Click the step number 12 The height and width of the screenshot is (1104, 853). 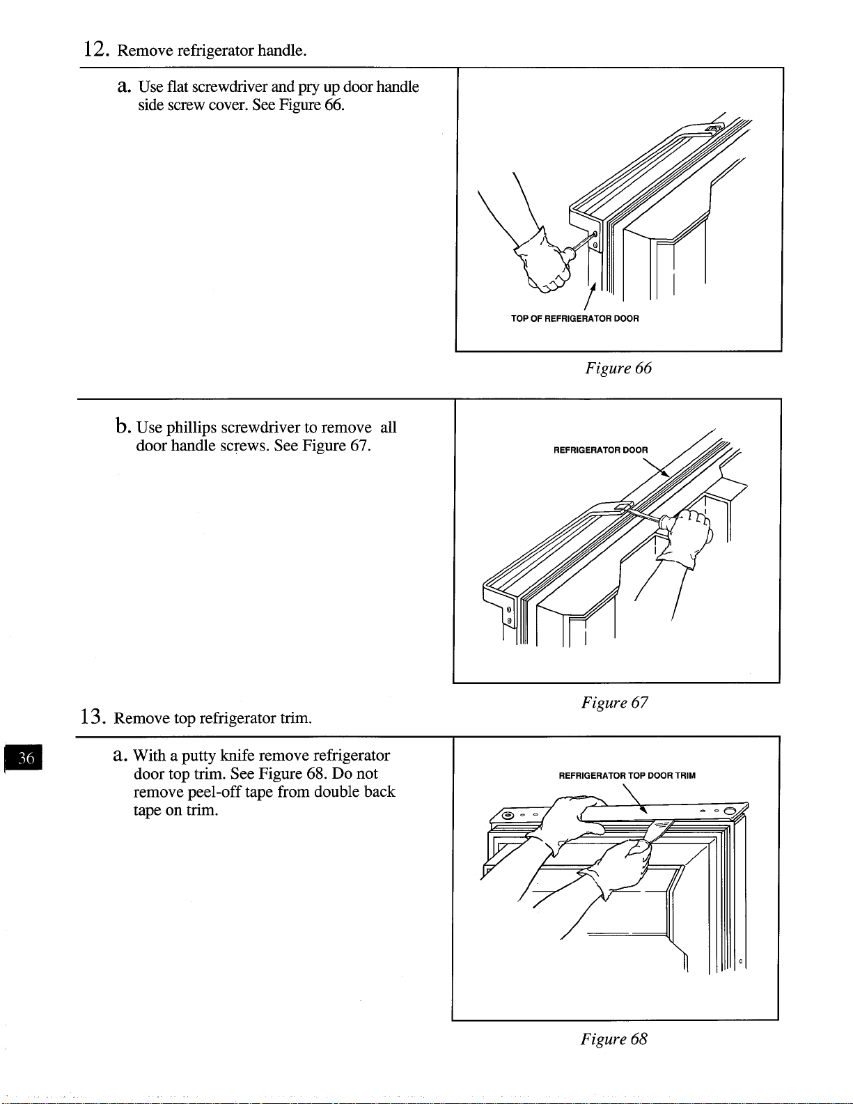[x=96, y=49]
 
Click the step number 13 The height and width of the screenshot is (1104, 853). [x=93, y=717]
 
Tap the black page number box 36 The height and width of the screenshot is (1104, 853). [x=24, y=758]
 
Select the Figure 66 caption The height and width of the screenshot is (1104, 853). [x=618, y=368]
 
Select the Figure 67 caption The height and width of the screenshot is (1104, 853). [x=614, y=703]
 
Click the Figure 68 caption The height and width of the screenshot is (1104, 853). [x=614, y=1039]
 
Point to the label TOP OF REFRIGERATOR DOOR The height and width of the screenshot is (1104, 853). [x=574, y=318]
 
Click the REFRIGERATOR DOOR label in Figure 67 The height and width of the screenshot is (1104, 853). [x=601, y=450]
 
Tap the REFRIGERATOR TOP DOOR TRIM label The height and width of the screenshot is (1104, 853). [x=627, y=776]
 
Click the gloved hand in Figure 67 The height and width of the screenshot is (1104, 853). [x=685, y=538]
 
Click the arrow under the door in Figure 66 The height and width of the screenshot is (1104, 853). [x=590, y=296]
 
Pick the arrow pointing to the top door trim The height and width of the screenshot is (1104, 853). [x=634, y=799]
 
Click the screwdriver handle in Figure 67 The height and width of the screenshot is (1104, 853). [x=667, y=522]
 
